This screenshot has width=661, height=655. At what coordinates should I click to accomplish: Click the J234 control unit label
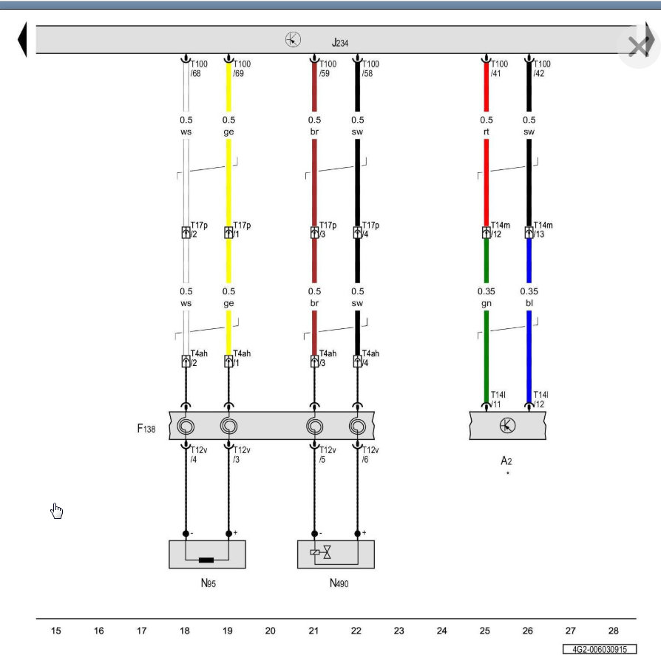(x=340, y=43)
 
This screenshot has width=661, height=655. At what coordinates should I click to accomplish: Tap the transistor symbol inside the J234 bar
(x=293, y=40)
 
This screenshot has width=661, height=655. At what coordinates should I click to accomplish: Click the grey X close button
(x=639, y=47)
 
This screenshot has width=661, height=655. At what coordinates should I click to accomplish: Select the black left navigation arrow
(x=22, y=39)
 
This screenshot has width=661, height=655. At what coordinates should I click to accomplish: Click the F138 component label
(x=146, y=429)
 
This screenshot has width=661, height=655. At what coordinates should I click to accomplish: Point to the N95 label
(x=209, y=583)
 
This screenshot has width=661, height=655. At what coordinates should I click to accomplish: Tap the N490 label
(x=339, y=583)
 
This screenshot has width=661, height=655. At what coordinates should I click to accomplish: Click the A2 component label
(x=506, y=461)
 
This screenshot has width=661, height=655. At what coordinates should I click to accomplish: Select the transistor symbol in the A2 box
(x=507, y=425)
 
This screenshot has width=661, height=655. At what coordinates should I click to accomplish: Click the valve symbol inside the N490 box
(x=321, y=552)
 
